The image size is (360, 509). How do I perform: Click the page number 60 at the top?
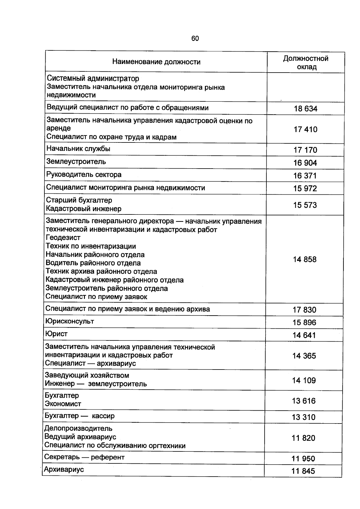195,38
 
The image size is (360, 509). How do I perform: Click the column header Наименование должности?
156,62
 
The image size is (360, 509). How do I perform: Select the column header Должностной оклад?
306,62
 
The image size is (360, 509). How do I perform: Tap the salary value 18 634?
305,109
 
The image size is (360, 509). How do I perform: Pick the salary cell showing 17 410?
305,129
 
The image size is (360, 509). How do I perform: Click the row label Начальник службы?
78,149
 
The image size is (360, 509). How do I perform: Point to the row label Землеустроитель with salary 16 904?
76,162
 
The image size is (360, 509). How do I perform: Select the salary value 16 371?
305,175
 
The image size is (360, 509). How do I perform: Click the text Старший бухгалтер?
79,200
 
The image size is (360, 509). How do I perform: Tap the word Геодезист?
63,238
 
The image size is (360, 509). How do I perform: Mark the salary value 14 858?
304,259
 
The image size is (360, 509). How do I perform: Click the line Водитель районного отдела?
93,263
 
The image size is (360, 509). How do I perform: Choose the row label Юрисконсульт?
70,321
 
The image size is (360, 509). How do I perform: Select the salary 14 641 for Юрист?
304,335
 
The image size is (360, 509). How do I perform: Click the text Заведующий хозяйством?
87,375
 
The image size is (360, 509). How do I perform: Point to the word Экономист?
63,404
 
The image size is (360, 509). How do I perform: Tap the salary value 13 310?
304,417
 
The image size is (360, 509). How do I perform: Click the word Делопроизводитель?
78,428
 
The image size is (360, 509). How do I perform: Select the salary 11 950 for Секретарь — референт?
303,459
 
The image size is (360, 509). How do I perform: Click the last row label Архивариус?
64,469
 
